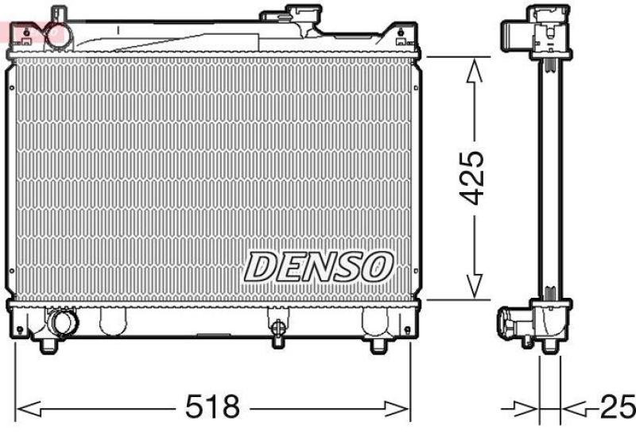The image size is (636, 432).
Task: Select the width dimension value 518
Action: point(211,408)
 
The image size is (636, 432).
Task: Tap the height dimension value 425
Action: point(474,178)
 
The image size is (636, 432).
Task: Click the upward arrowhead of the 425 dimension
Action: point(474,71)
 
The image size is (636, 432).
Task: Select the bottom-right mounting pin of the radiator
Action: point(378,345)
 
